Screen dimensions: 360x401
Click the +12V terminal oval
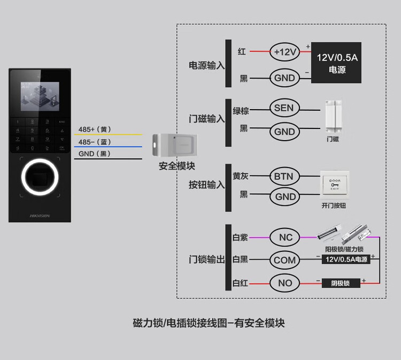point(284,52)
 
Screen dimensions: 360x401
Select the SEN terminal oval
point(284,108)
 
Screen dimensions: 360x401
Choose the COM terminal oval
point(285,260)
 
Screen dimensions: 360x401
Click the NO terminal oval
point(285,282)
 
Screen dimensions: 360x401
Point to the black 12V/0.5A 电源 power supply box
point(336,63)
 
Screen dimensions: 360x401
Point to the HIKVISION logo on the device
point(39,216)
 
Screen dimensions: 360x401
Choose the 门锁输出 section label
point(206,259)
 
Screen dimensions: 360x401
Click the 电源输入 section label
point(206,65)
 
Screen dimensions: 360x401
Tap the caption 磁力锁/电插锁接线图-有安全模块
point(209,323)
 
